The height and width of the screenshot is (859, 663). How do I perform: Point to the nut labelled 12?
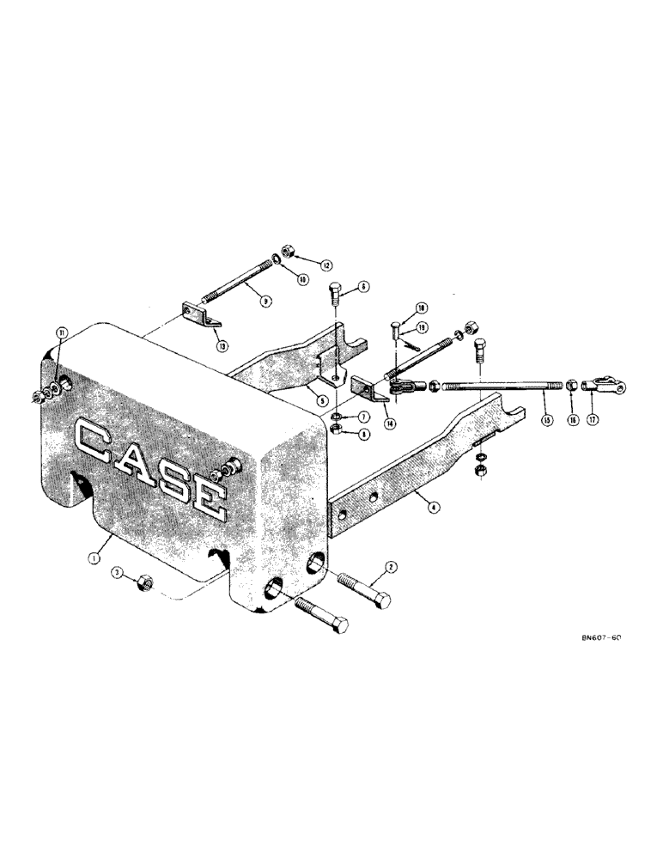[289, 250]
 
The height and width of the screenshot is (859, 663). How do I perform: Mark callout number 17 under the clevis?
[593, 421]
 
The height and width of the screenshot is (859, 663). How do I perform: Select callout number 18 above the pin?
[422, 307]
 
